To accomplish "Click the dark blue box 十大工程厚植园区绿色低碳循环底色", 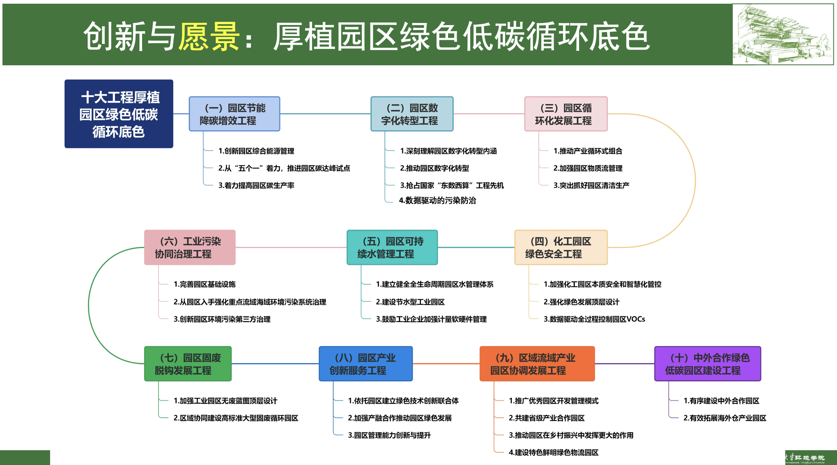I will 119,114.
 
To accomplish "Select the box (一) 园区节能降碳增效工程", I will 234,114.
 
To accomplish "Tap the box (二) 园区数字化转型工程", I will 412,114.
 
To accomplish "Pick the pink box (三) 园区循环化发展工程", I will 566,114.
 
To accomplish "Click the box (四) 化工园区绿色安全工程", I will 561,247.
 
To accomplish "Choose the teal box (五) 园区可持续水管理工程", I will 392,247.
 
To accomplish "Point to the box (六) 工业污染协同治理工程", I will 190,247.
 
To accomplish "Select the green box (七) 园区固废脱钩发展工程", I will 188,364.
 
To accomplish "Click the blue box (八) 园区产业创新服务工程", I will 366,364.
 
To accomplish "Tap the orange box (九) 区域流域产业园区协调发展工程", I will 537,364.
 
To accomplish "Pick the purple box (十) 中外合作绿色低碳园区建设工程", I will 707,364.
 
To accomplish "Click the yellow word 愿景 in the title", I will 209,36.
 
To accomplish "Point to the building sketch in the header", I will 782,35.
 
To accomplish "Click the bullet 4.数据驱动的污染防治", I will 437,200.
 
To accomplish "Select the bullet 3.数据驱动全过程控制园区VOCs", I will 594,319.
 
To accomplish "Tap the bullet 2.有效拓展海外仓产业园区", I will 724,418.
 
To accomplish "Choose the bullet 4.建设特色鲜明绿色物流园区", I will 553,453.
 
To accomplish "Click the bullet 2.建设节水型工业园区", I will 410,302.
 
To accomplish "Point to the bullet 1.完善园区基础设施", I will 204,284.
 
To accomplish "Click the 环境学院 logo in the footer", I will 809,458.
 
